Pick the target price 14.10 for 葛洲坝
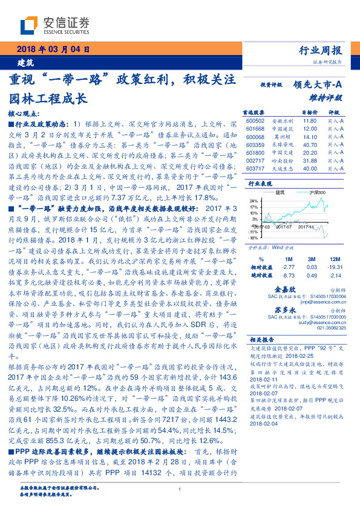[309, 137]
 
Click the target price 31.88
[309, 161]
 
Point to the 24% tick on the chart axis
[253, 200]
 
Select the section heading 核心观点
[24, 114]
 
